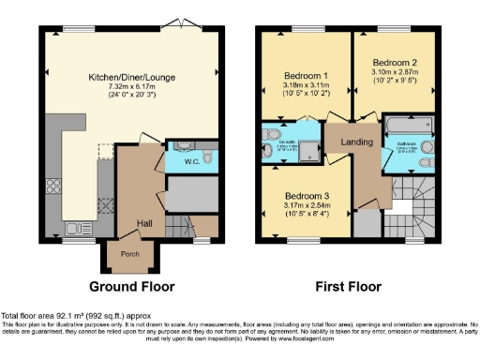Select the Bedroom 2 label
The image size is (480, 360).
click(x=394, y=59)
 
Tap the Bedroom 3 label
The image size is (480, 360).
click(x=305, y=197)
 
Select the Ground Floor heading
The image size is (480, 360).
click(x=134, y=285)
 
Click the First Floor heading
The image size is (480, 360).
click(x=349, y=285)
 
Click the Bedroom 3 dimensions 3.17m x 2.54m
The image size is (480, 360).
click(x=305, y=207)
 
